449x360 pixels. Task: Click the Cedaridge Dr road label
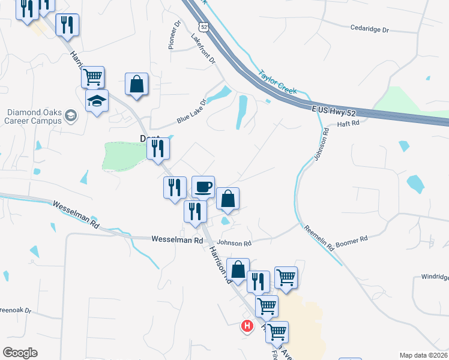point(369,28)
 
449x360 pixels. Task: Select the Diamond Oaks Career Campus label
point(34,116)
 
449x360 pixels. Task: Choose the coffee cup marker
point(203,187)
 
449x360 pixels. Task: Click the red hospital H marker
point(246,326)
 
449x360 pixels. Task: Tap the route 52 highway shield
point(204,27)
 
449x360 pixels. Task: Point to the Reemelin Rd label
point(318,237)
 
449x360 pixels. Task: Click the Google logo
point(20,353)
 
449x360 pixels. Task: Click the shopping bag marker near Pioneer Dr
point(137,84)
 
